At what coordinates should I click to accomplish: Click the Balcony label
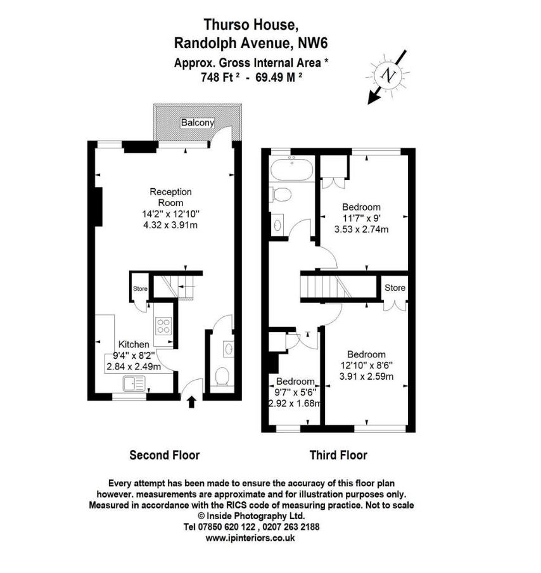point(198,122)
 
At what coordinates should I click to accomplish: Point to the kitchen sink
point(134,383)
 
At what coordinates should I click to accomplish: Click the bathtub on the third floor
point(290,169)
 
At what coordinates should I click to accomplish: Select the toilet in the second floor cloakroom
point(222,378)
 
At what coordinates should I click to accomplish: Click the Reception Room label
point(170,196)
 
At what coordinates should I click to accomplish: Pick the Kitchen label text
point(134,344)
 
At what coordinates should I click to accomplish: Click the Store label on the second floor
point(140,289)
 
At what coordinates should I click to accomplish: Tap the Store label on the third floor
point(395,288)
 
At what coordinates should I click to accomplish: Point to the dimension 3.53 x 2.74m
point(361,229)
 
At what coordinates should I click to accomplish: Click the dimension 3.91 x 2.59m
point(366,376)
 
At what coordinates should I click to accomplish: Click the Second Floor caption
point(164,455)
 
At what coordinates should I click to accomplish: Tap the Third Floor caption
point(338,455)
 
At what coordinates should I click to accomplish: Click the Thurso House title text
point(250,25)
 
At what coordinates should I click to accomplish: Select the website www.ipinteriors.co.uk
point(250,538)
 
